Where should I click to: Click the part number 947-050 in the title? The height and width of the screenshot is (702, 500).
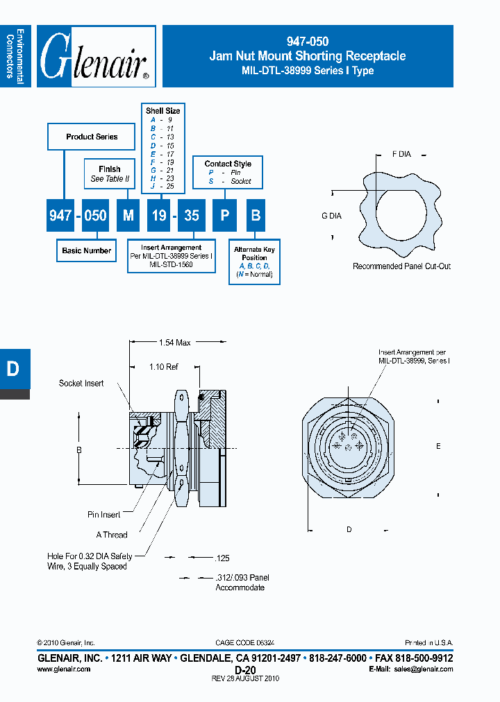pyautogui.click(x=308, y=42)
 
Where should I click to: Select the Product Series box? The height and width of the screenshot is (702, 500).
pyautogui.click(x=92, y=137)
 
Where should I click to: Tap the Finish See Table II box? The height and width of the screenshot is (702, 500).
pyautogui.click(x=110, y=173)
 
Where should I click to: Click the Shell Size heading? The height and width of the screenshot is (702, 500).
pyautogui.click(x=163, y=110)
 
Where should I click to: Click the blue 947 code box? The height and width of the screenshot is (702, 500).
pyautogui.click(x=60, y=216)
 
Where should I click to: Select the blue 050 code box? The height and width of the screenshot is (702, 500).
pyautogui.click(x=95, y=216)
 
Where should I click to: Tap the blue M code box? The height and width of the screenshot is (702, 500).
pyautogui.click(x=128, y=216)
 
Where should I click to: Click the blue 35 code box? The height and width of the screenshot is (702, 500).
pyautogui.click(x=192, y=216)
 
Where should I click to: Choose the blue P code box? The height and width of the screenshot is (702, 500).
pyautogui.click(x=224, y=216)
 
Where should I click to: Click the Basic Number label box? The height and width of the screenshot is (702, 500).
pyautogui.click(x=87, y=250)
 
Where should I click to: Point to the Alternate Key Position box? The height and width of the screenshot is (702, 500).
pyautogui.click(x=254, y=262)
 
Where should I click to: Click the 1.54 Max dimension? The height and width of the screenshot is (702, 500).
pyautogui.click(x=174, y=342)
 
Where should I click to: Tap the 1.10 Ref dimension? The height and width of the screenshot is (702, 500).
pyautogui.click(x=164, y=366)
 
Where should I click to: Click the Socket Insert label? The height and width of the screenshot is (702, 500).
pyautogui.click(x=81, y=383)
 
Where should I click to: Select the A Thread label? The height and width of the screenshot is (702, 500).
pyautogui.click(x=112, y=535)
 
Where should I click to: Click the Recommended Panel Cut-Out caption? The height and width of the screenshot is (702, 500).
pyautogui.click(x=401, y=266)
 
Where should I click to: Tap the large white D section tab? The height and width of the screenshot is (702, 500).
pyautogui.click(x=12, y=370)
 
